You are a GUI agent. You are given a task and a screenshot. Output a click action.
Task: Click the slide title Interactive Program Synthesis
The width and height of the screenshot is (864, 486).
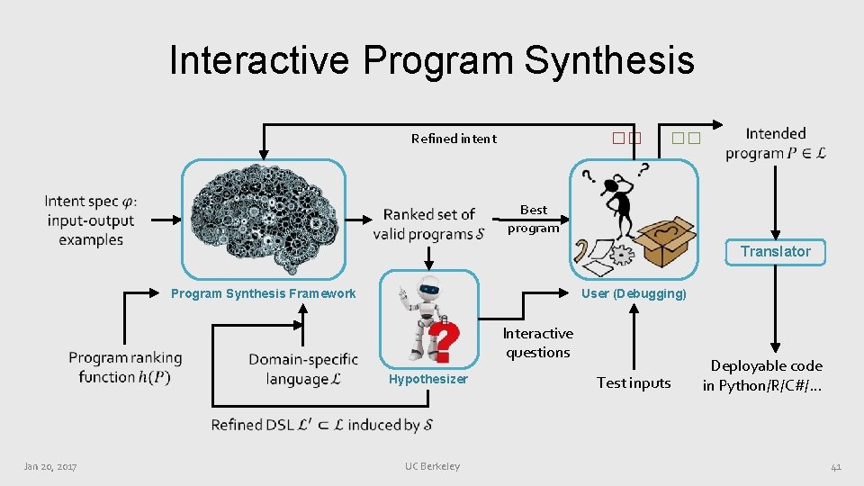tap(431, 60)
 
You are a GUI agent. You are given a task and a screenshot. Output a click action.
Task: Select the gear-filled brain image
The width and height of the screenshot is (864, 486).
tap(264, 219)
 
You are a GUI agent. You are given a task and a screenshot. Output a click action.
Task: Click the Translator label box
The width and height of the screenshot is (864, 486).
tap(775, 252)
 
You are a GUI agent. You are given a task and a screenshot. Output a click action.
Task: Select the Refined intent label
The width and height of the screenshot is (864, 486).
tap(454, 139)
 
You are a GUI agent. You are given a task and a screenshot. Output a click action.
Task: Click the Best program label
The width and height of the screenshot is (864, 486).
tap(533, 219)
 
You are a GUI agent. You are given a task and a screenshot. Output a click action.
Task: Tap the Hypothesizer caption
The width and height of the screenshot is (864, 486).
tap(428, 379)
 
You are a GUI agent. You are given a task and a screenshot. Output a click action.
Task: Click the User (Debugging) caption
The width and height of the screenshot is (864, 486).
tap(634, 293)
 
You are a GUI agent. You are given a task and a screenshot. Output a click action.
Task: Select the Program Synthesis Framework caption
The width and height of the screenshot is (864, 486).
tap(263, 293)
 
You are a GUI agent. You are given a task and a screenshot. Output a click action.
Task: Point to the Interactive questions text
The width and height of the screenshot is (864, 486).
tap(537, 343)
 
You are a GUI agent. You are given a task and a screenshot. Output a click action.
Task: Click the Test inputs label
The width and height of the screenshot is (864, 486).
tap(634, 383)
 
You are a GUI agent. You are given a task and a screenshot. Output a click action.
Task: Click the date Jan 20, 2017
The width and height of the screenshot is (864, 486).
tap(50, 466)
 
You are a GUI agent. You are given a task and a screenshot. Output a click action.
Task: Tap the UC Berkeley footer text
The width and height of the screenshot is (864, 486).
tap(432, 466)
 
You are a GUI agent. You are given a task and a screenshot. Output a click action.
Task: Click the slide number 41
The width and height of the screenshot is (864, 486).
tap(835, 466)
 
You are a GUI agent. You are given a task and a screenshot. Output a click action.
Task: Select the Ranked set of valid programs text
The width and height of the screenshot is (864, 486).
tap(428, 224)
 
